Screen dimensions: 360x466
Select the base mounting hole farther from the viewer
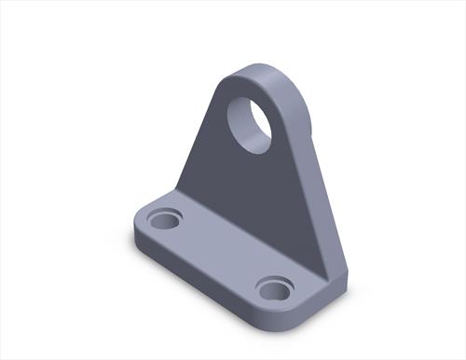point(165,221)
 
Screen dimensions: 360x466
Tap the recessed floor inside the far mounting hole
point(165,224)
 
